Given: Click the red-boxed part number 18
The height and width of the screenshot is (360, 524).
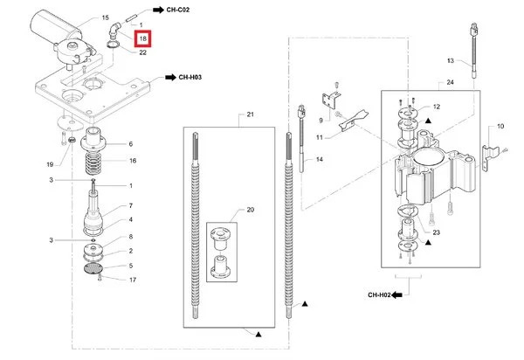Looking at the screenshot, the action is tap(143, 38).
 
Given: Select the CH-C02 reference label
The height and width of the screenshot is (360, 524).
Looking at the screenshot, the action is tap(178, 10).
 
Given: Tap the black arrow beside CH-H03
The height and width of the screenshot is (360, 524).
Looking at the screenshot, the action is tap(171, 77).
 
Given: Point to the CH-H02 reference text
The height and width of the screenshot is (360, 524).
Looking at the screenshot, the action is tap(379, 294).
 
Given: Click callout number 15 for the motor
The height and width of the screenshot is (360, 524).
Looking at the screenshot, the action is tap(106, 17).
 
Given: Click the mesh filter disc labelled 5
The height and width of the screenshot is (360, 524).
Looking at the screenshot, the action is tap(93, 268).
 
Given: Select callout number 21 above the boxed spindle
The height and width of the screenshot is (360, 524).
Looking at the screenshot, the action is tap(251, 114).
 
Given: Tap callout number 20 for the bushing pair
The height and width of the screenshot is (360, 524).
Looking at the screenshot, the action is tap(251, 210).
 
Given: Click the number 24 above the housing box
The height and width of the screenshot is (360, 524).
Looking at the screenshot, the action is tap(450, 82).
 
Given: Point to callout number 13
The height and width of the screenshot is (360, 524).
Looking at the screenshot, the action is tap(451, 60).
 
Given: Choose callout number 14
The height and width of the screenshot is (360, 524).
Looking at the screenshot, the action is tap(320, 159).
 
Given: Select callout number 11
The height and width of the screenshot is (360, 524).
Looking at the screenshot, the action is tap(320, 137).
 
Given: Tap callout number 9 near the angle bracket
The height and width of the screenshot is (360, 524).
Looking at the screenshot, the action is tap(321, 121).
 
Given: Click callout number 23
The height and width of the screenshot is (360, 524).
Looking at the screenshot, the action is tap(436, 232).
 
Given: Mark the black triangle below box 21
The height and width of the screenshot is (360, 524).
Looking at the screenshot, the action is tap(259, 334).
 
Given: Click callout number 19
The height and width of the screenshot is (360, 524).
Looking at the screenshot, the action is tap(50, 164).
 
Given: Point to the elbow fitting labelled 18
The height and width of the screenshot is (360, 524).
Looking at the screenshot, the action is tap(114, 30).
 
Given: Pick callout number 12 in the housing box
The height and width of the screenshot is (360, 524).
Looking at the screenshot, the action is tap(437, 107).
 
